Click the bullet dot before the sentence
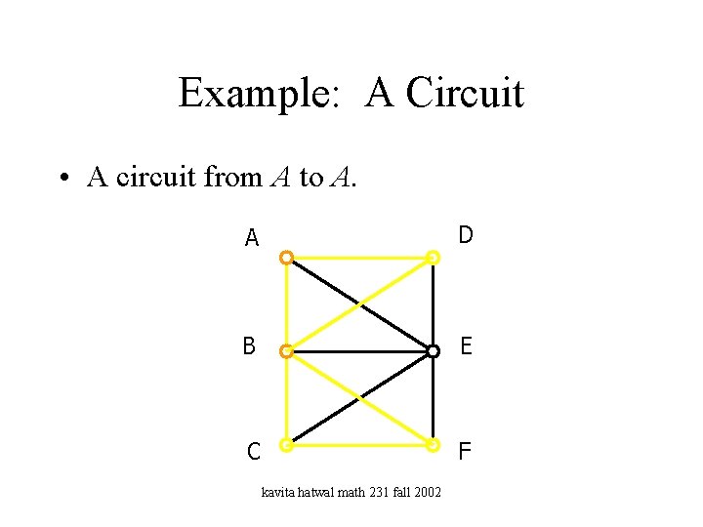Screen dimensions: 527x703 (62, 179)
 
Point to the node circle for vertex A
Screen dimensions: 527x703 (285, 258)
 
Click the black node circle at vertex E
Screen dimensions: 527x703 (433, 351)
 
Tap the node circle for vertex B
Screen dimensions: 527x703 (285, 351)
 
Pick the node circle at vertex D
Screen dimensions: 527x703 (434, 258)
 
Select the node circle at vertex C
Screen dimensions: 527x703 (285, 445)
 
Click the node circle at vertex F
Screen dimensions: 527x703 (434, 445)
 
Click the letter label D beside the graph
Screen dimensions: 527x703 (466, 235)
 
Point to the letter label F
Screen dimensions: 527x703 (465, 451)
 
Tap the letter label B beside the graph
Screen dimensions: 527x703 (250, 345)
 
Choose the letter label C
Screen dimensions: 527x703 (253, 452)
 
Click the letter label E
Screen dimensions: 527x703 (466, 345)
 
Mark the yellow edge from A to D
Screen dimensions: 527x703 (359, 258)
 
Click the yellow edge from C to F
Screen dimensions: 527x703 (359, 445)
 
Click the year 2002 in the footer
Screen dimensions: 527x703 (427, 492)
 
